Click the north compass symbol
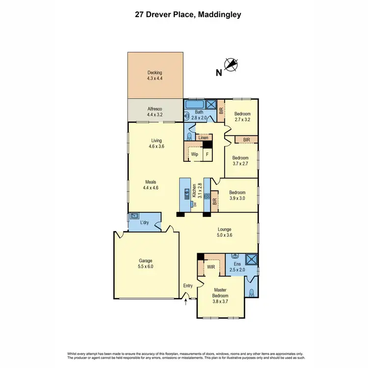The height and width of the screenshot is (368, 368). [231, 64]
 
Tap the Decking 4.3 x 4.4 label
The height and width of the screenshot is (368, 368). [155, 76]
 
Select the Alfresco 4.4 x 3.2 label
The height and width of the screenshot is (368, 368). [155, 111]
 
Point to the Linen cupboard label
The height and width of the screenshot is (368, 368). [203, 138]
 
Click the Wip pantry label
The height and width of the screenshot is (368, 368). [194, 154]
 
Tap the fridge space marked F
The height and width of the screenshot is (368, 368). [208, 154]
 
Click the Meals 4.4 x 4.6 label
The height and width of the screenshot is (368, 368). [150, 184]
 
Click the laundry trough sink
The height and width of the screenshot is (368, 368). [134, 216]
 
